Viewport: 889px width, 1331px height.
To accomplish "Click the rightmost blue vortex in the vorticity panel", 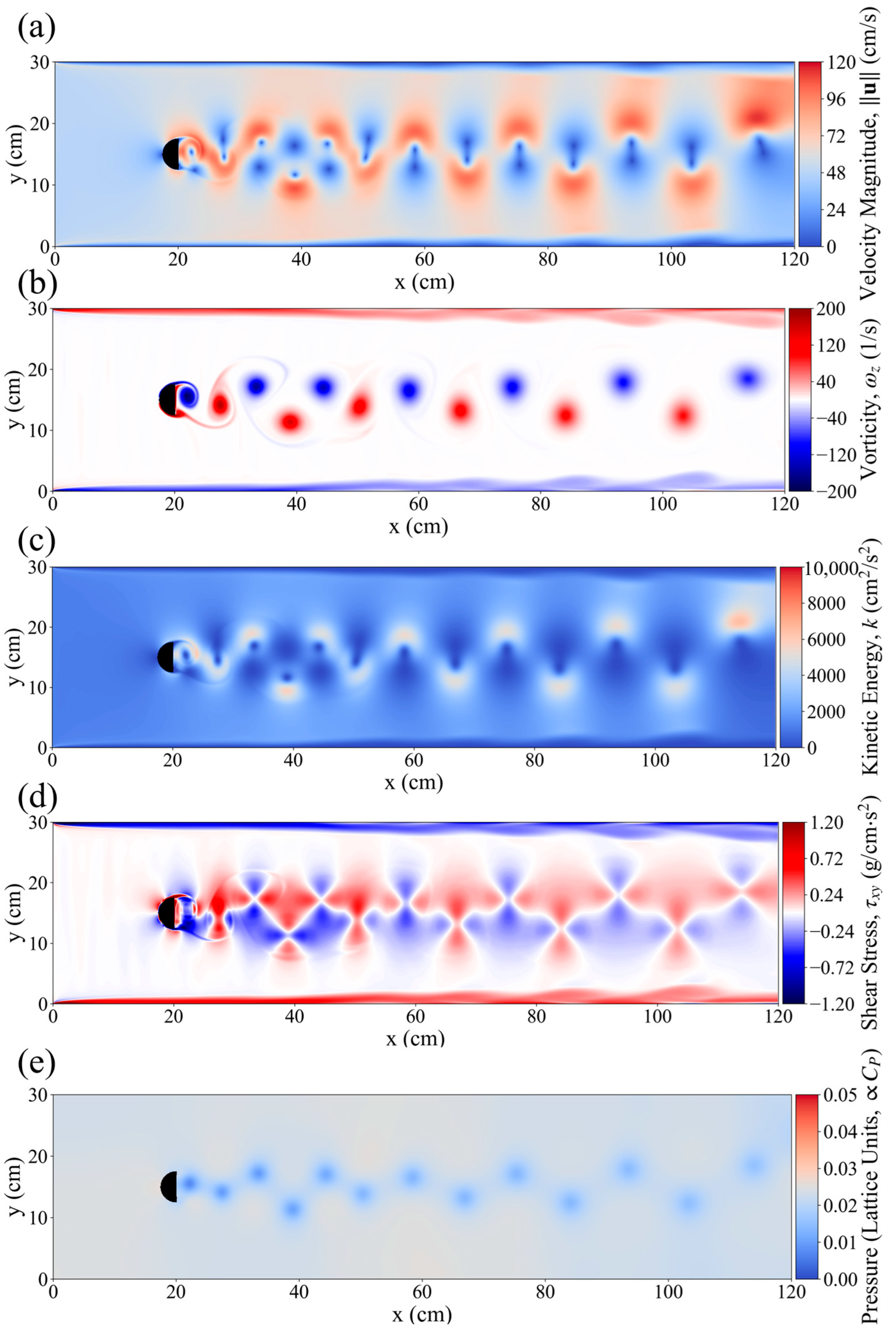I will pos(748,378).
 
